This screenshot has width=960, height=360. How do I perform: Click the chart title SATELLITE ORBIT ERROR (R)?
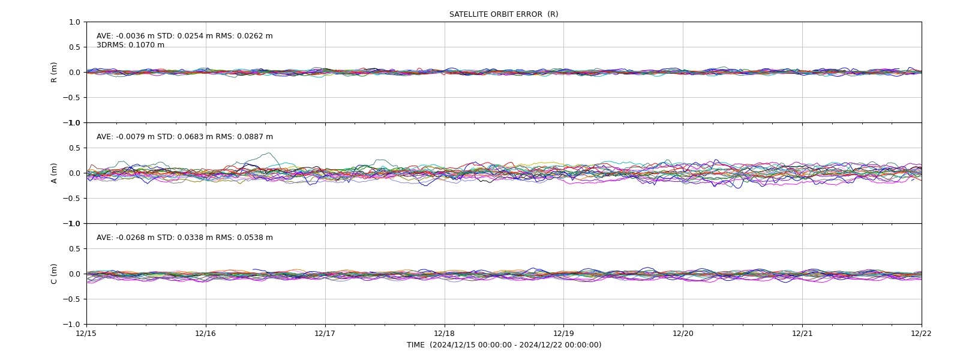[x=503, y=14]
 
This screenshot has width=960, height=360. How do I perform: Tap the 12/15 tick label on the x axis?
[x=86, y=334]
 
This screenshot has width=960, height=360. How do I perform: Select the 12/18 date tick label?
[x=445, y=334]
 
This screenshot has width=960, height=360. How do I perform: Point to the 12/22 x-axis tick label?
[x=922, y=334]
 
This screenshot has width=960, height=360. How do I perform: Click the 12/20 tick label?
[x=683, y=334]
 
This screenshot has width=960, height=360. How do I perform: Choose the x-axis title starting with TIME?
[x=504, y=345]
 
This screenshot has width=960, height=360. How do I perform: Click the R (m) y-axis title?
[x=53, y=73]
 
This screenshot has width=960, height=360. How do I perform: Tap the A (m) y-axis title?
[x=53, y=173]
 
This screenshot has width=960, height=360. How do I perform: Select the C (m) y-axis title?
[x=53, y=274]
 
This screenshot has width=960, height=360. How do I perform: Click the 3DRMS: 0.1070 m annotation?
[x=130, y=45]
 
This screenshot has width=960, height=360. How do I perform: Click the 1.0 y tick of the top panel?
[x=74, y=22]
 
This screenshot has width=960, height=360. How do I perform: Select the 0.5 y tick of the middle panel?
[x=74, y=148]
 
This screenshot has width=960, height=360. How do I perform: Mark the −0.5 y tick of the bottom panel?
[x=71, y=299]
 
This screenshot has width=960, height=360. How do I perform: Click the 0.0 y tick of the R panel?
[x=74, y=73]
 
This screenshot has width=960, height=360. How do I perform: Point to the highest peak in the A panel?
[x=269, y=152]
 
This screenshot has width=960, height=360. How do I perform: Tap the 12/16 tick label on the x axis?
[x=206, y=334]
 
